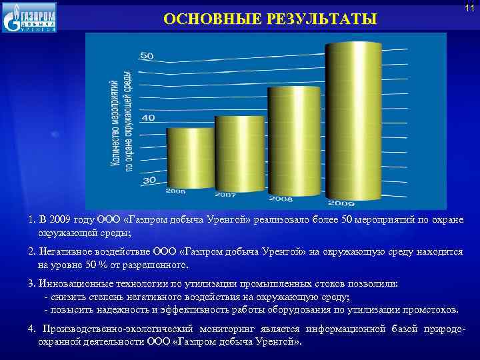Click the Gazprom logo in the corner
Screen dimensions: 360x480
point(30,17)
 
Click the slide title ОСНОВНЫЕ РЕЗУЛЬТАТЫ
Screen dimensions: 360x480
point(270,19)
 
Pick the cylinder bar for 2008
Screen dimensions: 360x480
point(294,140)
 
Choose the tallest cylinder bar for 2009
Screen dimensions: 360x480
point(353,120)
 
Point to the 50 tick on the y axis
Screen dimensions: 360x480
point(146,55)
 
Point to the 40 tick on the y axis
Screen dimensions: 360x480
point(147,117)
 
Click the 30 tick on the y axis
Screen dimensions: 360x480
point(149,180)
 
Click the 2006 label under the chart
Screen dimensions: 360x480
point(176,191)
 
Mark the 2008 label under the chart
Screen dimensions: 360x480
point(281,199)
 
